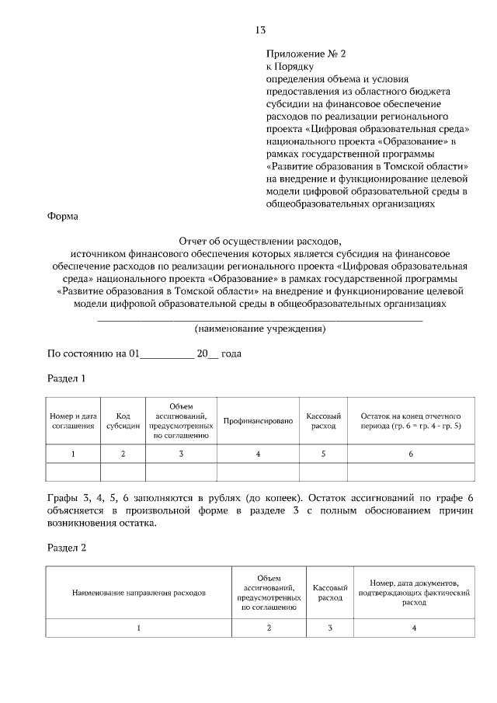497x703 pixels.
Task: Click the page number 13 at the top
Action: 260,30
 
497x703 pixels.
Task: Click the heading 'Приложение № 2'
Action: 304,54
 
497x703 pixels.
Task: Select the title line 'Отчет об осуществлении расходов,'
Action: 259,240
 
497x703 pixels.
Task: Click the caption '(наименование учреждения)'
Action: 259,328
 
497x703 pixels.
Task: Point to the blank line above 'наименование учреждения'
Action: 259,318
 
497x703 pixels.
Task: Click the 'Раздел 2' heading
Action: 66,547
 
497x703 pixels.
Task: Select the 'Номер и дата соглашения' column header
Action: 73,420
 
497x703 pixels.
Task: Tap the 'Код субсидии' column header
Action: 123,420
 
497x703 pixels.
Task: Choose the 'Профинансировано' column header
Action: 258,420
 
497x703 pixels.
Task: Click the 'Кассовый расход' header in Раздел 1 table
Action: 323,420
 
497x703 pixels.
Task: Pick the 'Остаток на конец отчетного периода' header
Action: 411,420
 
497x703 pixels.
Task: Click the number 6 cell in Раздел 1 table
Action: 411,454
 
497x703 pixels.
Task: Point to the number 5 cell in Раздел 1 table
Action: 323,454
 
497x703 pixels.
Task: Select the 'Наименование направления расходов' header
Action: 139,592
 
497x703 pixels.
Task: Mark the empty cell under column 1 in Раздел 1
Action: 73,472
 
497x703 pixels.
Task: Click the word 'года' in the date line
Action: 231,353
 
